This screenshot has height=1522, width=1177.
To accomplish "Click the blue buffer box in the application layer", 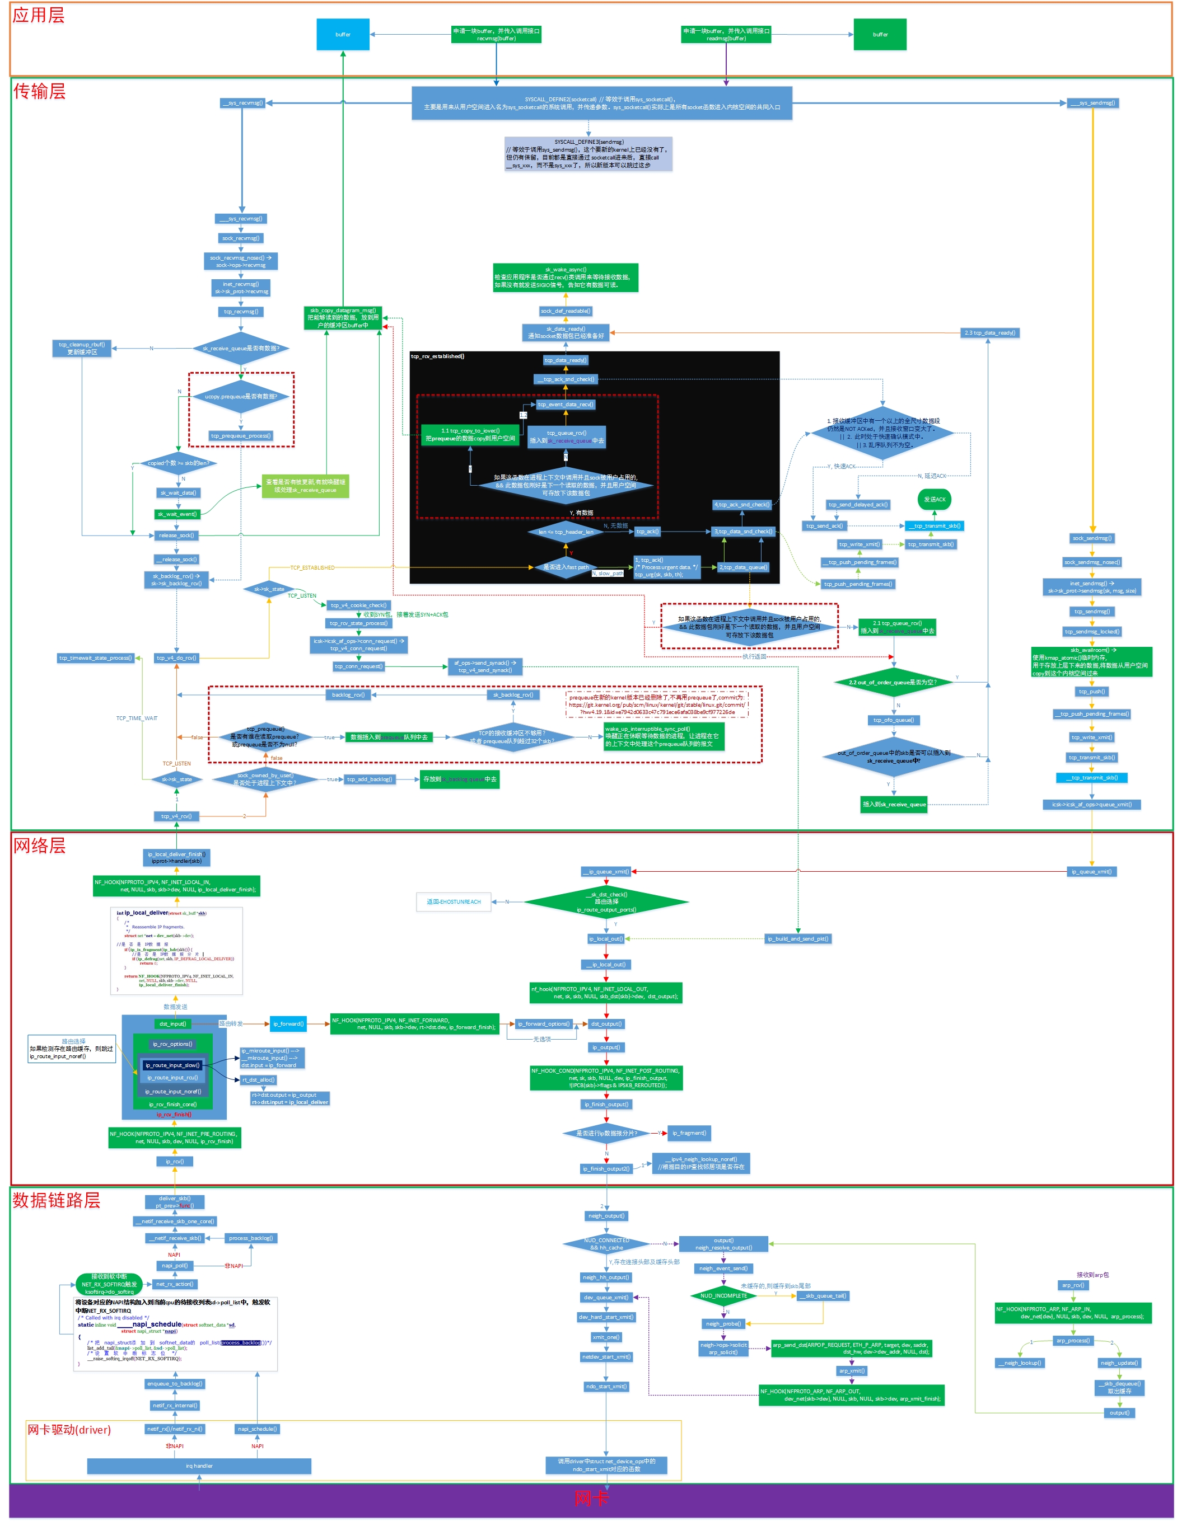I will (x=342, y=34).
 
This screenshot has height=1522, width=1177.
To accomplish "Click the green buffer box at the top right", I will (x=880, y=34).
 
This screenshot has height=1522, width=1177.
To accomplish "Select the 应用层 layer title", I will (x=38, y=15).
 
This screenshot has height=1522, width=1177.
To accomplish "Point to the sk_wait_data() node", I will (x=178, y=493).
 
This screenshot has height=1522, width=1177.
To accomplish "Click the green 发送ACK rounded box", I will (x=935, y=499).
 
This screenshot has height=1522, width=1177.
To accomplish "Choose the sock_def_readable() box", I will (x=565, y=311).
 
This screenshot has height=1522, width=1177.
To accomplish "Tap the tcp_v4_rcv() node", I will (x=176, y=816).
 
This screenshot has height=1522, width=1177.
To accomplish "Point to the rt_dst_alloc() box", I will (x=258, y=1079).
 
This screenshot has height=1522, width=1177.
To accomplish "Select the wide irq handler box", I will (x=199, y=1465).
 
